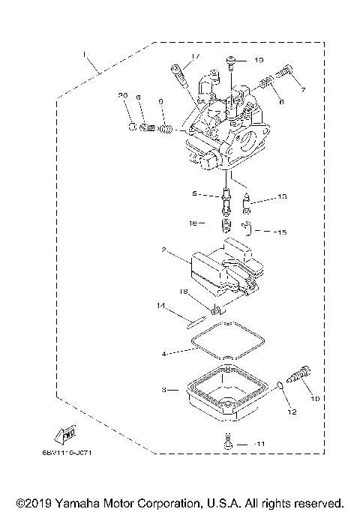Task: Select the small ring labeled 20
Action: pyautogui.click(x=130, y=126)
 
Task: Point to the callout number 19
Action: pyautogui.click(x=258, y=59)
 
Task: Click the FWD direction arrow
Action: pyautogui.click(x=64, y=434)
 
